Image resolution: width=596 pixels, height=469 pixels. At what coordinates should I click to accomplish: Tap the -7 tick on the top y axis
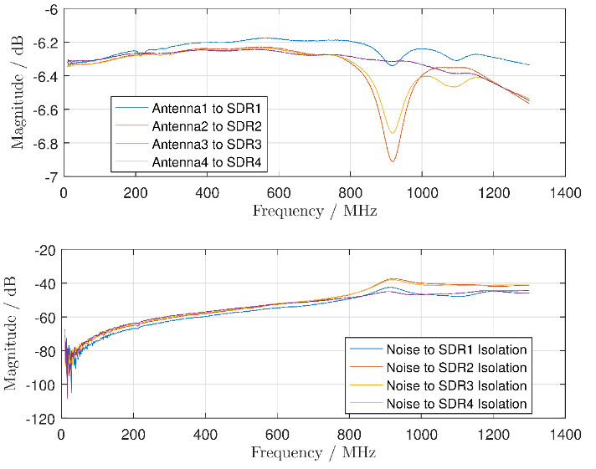coord(50,176)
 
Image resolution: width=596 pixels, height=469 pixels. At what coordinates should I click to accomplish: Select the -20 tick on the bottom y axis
coord(44,250)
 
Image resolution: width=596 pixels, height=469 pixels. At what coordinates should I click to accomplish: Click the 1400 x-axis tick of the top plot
coord(565,191)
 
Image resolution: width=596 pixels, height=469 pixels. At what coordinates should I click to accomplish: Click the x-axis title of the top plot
coord(315,211)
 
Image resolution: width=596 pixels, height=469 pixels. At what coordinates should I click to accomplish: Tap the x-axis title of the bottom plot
coord(315,452)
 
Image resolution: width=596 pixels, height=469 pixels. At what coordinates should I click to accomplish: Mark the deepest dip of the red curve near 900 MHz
coord(392,161)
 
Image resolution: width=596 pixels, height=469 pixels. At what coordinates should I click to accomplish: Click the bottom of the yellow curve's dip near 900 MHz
coord(391,132)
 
